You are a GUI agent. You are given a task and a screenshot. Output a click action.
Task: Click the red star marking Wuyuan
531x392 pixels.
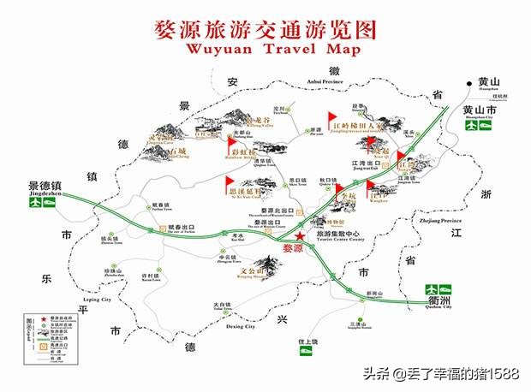coord(300,236)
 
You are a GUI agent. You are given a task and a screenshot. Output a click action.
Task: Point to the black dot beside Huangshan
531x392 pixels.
coord(468,83)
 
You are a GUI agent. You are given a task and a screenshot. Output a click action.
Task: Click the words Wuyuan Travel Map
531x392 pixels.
coord(265,48)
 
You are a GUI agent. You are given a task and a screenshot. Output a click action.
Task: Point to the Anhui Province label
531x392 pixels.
coord(318,82)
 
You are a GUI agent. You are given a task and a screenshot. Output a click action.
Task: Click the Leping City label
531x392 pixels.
coord(94,300)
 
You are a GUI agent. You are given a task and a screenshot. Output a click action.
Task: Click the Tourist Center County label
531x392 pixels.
coord(335,242)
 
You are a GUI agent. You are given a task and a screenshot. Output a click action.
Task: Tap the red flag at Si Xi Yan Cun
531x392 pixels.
coord(228,183)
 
